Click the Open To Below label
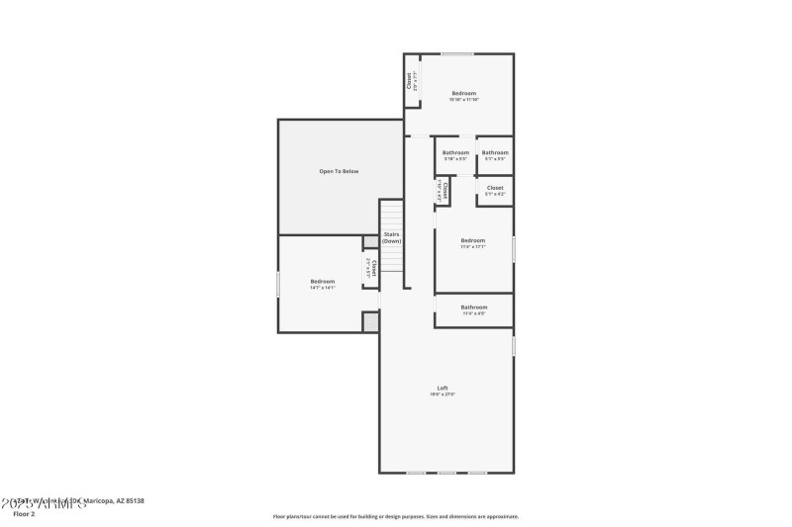(339, 171)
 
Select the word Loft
(443, 387)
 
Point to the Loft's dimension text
(443, 395)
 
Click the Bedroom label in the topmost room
(463, 93)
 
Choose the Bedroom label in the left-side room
(323, 281)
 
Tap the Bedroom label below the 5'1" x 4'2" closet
(472, 240)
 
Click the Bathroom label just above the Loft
(473, 307)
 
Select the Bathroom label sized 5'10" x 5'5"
(455, 152)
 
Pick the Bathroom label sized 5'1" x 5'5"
(495, 152)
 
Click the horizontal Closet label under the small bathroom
(495, 187)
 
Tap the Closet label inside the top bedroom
(410, 79)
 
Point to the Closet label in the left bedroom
(372, 266)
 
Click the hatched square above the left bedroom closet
(371, 241)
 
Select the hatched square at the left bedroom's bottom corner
(371, 321)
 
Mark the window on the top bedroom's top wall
(456, 54)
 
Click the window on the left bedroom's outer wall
(278, 284)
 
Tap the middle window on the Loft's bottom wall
(446, 472)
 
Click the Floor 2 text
(23, 514)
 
